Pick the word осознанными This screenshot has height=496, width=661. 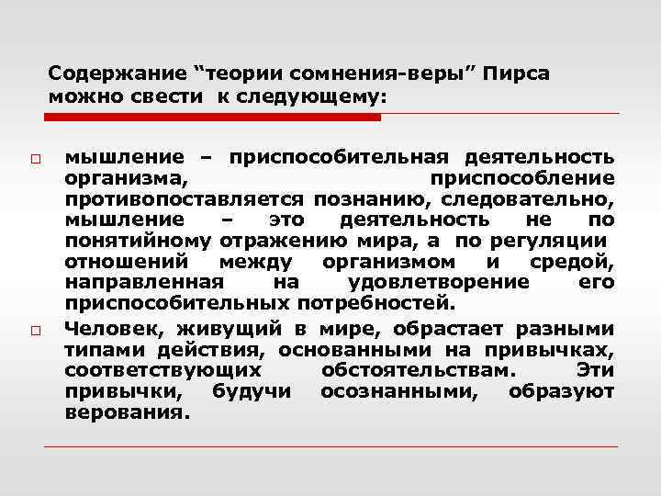click(400, 392)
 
